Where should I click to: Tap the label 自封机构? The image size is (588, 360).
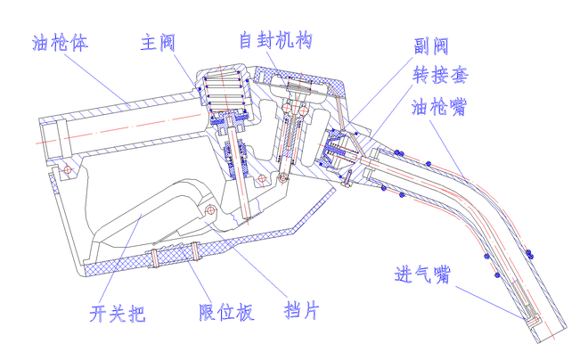(275, 41)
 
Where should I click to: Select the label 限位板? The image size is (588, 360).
(226, 313)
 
